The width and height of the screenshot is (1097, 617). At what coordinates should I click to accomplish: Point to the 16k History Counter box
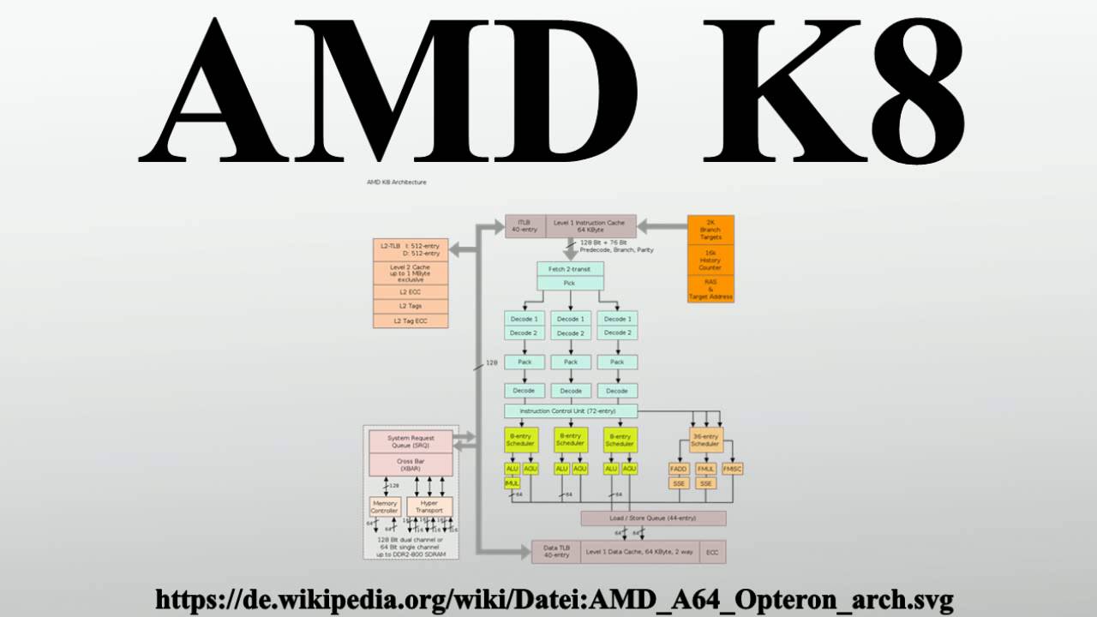(710, 261)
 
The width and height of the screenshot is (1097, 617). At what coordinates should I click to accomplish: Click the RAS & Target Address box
(710, 289)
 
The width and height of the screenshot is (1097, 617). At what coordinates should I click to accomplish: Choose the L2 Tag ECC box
(411, 320)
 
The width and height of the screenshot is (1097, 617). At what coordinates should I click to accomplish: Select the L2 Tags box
(411, 305)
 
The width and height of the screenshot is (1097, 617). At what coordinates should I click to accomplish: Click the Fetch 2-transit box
(570, 269)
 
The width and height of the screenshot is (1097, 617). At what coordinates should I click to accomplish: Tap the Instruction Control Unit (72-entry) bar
(570, 411)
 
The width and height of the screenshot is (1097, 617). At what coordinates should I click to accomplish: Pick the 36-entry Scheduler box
(705, 440)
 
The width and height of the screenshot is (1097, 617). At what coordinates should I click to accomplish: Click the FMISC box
(733, 469)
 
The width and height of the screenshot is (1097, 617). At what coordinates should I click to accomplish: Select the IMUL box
(513, 483)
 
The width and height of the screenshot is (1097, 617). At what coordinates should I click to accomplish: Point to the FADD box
(679, 469)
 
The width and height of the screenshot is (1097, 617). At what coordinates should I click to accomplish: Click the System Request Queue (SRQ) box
(411, 441)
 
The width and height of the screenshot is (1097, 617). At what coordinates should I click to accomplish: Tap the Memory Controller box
(385, 507)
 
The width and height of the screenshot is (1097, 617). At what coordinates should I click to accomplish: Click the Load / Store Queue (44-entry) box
(653, 518)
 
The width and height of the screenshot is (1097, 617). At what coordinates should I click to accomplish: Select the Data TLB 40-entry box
(556, 551)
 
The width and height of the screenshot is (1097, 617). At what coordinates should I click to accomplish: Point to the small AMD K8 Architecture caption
(396, 183)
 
